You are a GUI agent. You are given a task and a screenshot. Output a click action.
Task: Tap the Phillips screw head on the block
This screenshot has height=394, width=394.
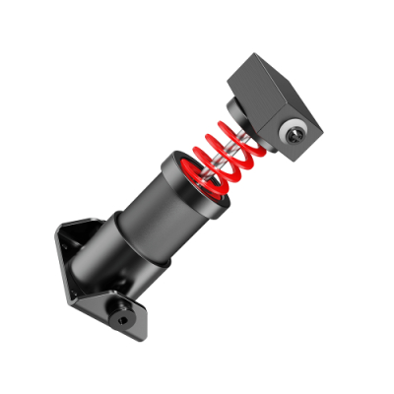(x=294, y=130)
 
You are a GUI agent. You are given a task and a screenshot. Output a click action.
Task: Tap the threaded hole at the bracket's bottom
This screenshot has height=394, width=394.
(x=121, y=318)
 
